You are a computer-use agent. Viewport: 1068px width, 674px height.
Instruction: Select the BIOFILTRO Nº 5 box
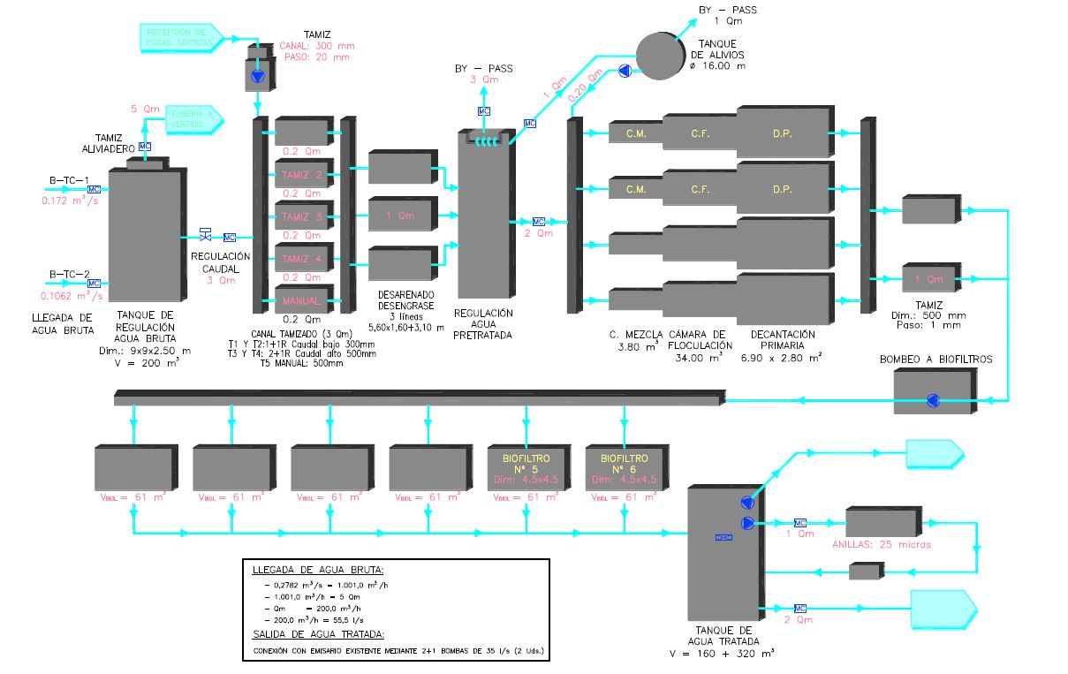pyautogui.click(x=526, y=468)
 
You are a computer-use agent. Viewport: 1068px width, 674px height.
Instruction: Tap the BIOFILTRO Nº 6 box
pyautogui.click(x=624, y=468)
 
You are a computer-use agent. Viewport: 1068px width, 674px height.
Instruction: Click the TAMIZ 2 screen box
pyautogui.click(x=302, y=175)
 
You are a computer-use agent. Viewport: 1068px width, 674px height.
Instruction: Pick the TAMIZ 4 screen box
pyautogui.click(x=302, y=259)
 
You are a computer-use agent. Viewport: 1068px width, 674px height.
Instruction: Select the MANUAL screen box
pyautogui.click(x=302, y=300)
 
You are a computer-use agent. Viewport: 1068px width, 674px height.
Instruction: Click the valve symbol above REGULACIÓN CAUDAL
pyautogui.click(x=206, y=234)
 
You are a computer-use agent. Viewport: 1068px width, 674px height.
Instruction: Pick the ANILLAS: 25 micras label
pyautogui.click(x=881, y=544)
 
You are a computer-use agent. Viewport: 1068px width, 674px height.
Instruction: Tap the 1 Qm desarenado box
pyautogui.click(x=400, y=216)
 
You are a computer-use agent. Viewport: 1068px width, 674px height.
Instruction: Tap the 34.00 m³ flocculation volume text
pyautogui.click(x=700, y=359)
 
